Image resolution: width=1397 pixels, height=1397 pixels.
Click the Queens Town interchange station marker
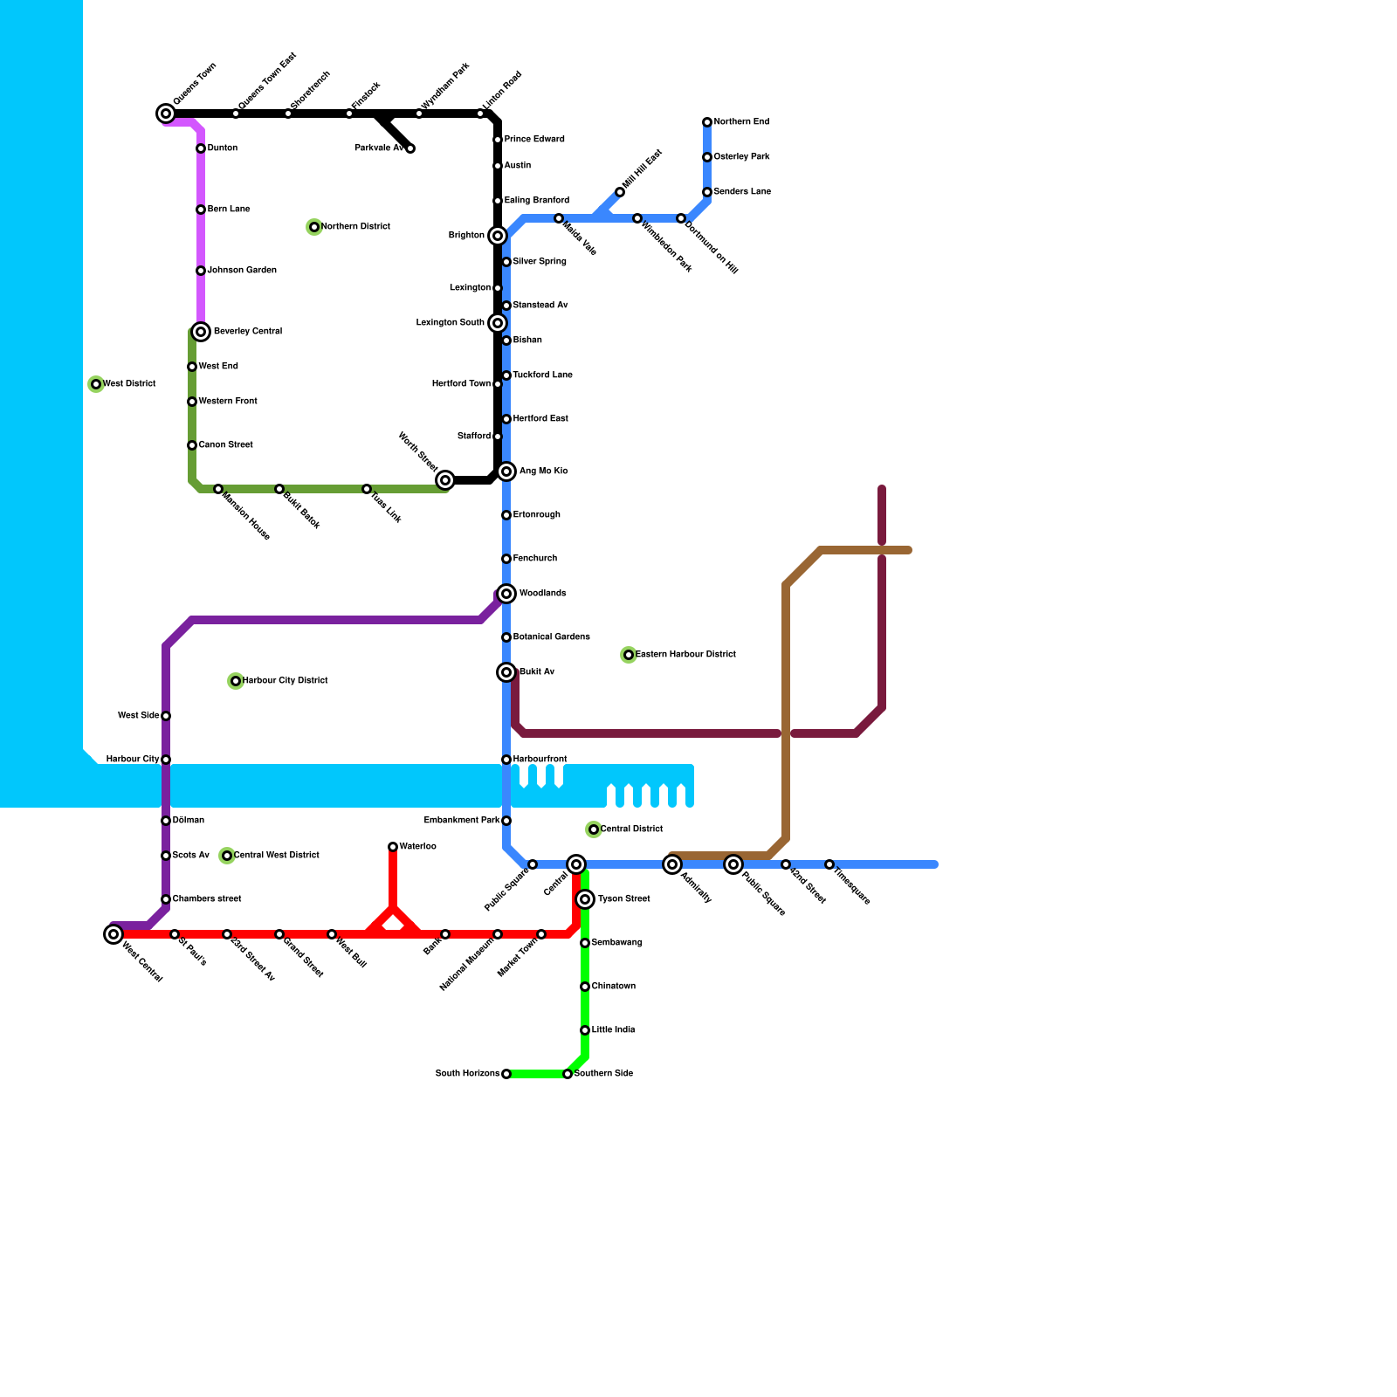(x=166, y=114)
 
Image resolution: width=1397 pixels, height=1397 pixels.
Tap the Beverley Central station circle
(x=201, y=332)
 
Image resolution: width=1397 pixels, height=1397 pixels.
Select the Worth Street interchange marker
(x=445, y=480)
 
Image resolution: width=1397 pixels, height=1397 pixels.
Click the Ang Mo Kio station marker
(x=506, y=471)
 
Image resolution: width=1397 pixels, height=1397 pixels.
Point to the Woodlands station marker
(x=506, y=594)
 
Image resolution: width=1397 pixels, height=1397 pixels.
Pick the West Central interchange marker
(x=114, y=934)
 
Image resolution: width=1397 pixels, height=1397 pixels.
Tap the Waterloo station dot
(x=393, y=847)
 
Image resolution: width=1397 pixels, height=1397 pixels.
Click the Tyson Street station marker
(x=585, y=899)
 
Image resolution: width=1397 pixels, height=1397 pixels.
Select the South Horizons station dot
(x=506, y=1074)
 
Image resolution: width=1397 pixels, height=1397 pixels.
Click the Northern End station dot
(x=707, y=122)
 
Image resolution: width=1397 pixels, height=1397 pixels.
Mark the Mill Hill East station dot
(x=620, y=192)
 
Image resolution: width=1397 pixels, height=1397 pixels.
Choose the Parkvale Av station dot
(x=410, y=148)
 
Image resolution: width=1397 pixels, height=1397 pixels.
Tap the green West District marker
(x=96, y=384)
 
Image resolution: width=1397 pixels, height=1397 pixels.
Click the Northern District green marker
(x=314, y=227)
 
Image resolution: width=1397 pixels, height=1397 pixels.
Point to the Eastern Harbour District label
(x=685, y=655)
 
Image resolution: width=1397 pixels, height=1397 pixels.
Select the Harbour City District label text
(x=286, y=681)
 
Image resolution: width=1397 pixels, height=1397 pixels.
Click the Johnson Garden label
(x=242, y=271)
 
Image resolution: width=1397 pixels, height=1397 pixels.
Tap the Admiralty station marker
(x=671, y=864)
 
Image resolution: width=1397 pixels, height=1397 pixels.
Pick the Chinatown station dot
(x=585, y=987)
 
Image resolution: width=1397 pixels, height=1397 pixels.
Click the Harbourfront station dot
(x=506, y=760)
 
